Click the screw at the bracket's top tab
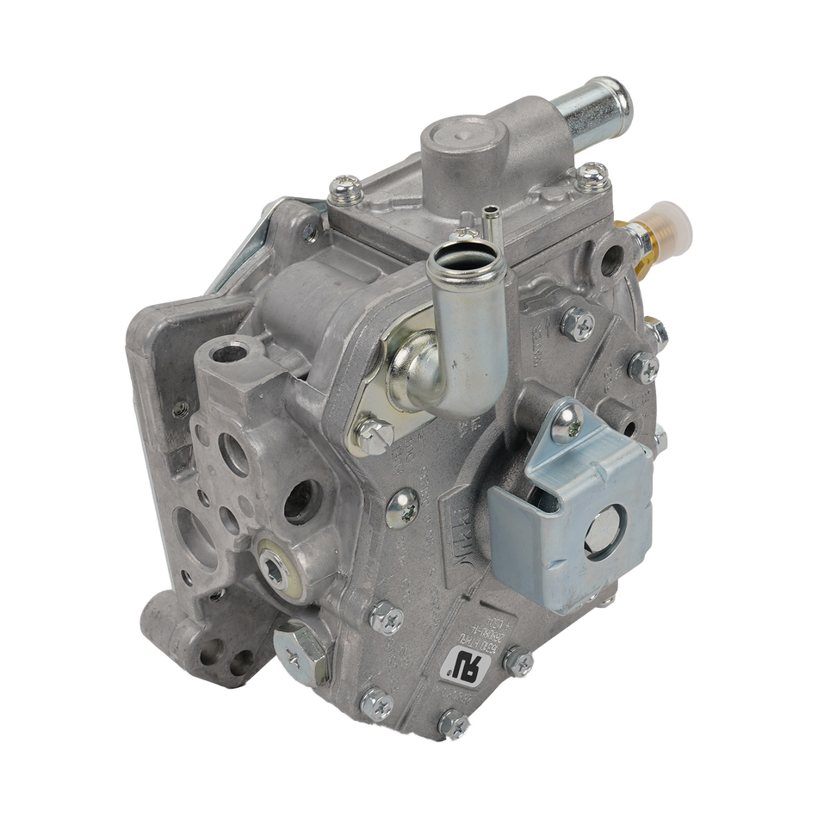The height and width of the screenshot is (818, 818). pos(567,420)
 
